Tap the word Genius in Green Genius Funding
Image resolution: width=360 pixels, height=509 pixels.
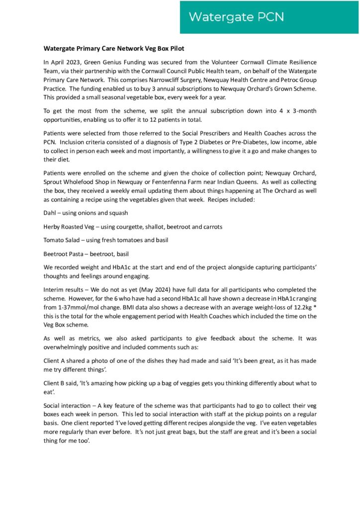pos(108,62)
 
